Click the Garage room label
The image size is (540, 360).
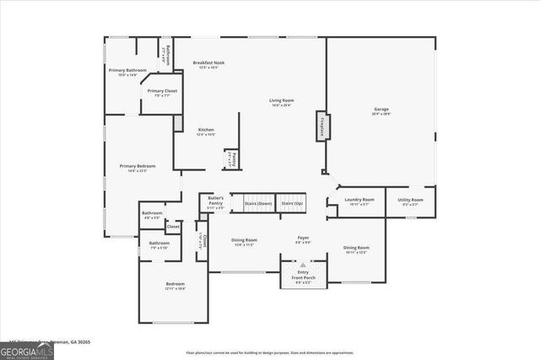point(381,110)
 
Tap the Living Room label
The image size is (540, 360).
point(281,103)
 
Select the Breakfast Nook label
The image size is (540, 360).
point(208,65)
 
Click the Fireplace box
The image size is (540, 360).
point(321,126)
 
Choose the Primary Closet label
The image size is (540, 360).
point(162,93)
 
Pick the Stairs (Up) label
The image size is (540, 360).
point(293,204)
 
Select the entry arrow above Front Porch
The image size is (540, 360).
point(303,264)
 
